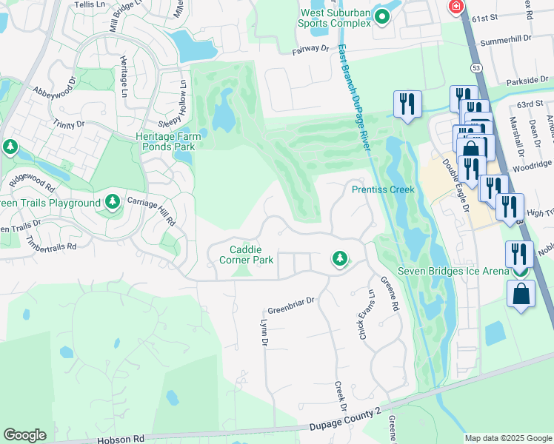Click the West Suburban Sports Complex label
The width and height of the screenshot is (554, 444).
pos(334,18)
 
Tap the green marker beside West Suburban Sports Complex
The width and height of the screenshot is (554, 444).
pos(383,15)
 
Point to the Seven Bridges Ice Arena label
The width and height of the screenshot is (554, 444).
pos(453,271)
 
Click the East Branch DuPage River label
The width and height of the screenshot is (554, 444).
pos(353,98)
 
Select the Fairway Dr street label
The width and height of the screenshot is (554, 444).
pos(310,49)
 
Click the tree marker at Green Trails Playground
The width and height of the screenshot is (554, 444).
pos(113,202)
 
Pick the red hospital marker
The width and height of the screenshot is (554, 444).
pos(457,7)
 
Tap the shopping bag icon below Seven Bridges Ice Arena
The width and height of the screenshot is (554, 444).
pos(521,294)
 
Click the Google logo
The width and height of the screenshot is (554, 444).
pos(24,435)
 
